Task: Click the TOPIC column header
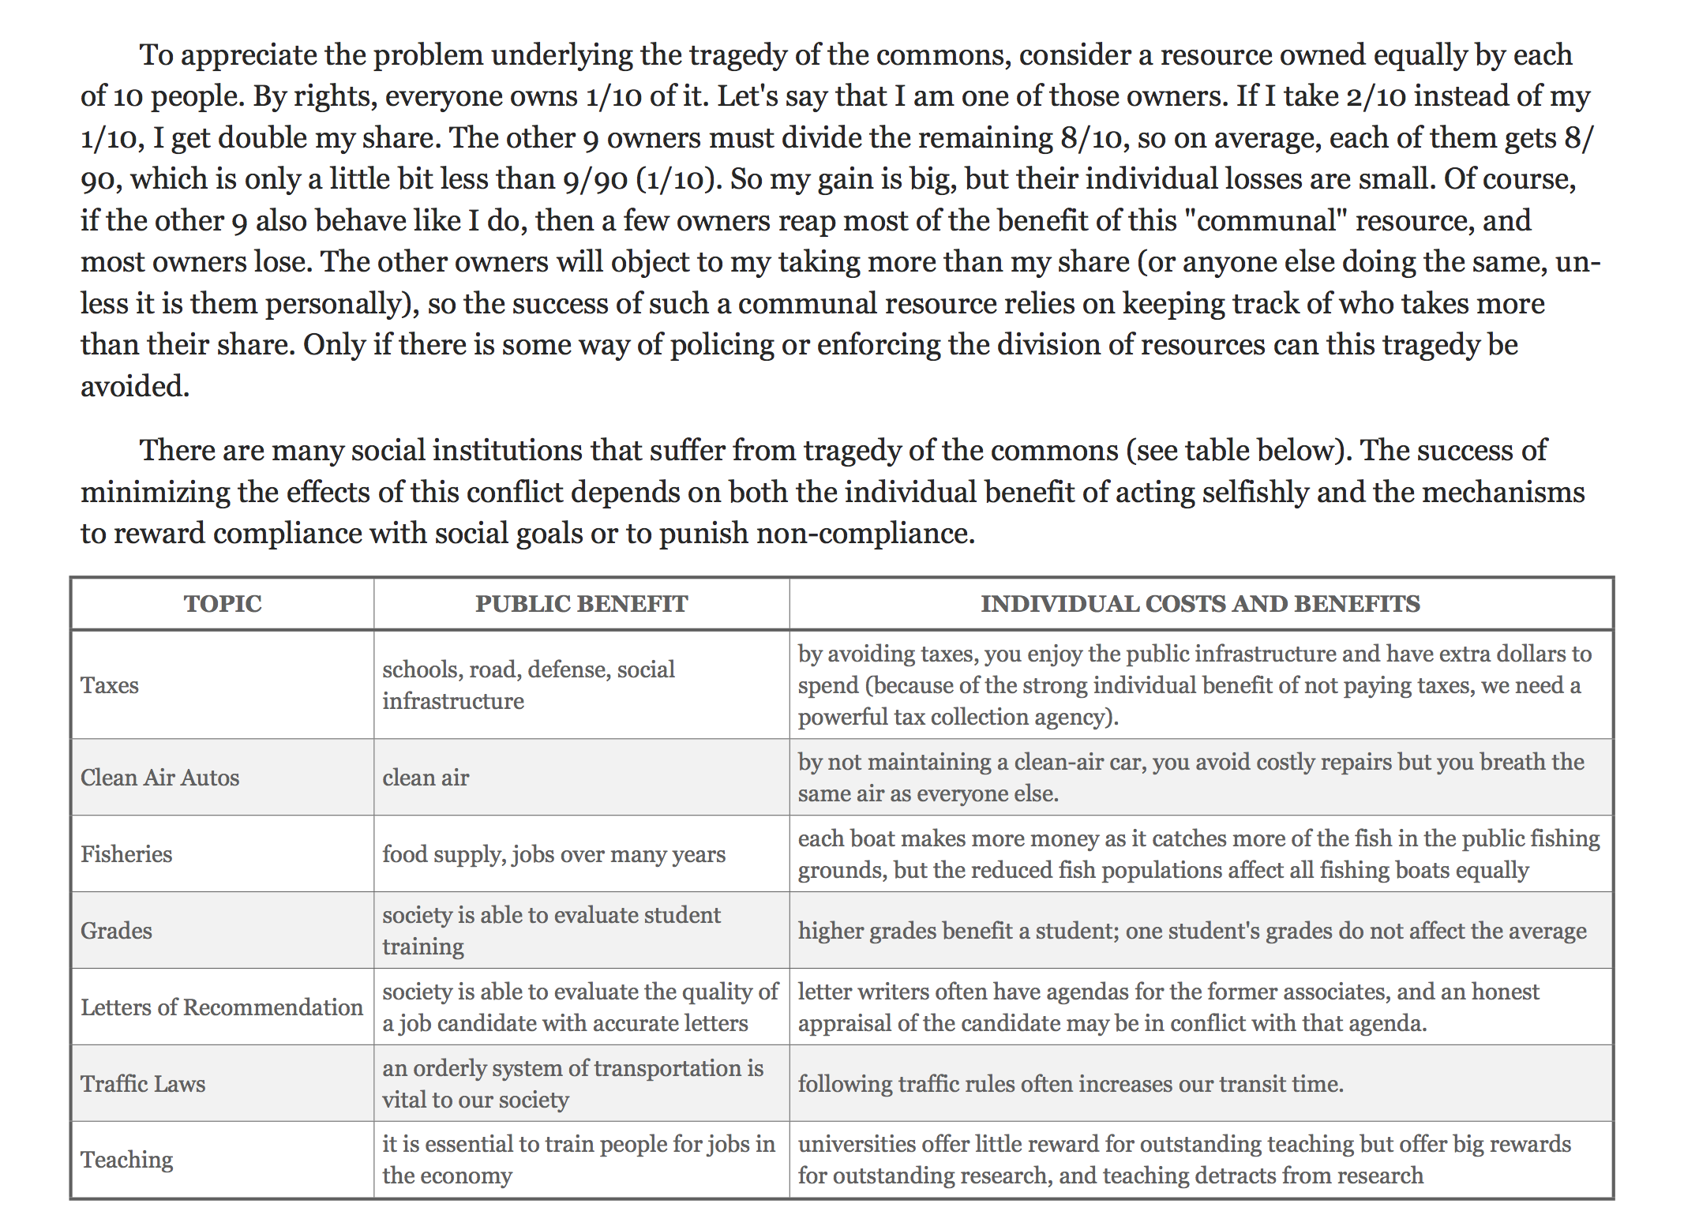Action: point(222,604)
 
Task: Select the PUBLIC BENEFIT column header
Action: point(581,604)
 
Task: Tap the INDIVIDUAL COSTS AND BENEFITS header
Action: point(1200,604)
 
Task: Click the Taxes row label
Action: point(110,685)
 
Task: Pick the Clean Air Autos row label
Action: point(159,778)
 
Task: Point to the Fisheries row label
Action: point(126,854)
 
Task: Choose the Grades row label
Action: point(116,931)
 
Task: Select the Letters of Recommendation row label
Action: point(222,1007)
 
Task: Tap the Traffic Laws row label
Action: point(143,1084)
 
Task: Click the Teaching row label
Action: point(126,1160)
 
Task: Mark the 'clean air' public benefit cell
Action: point(426,778)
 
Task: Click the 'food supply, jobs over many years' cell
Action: point(553,854)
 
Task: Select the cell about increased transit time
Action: point(1070,1084)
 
